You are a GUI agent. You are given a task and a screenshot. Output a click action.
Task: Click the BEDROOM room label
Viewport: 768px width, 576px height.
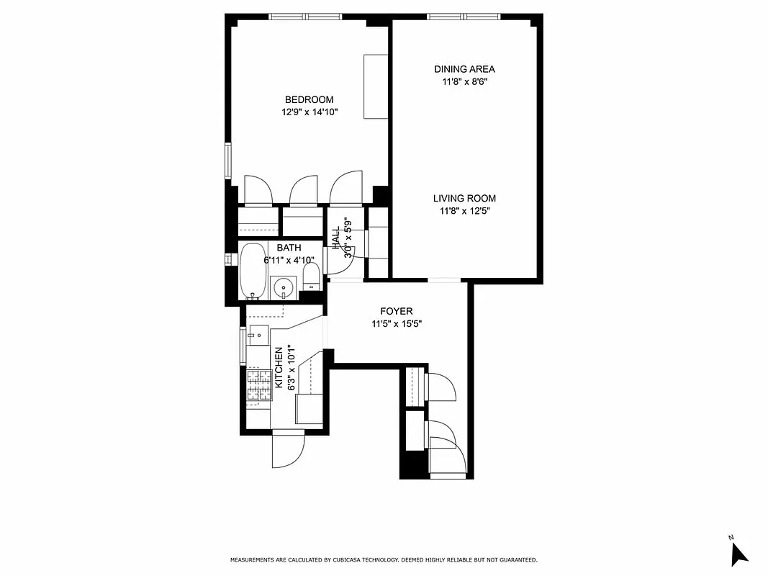(x=309, y=99)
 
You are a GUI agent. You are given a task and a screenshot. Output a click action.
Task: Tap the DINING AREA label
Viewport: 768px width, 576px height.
(x=464, y=69)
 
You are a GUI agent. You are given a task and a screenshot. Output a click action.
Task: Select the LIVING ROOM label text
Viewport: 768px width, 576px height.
(x=464, y=198)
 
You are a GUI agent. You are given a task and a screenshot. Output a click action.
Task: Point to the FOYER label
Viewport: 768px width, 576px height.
(x=396, y=311)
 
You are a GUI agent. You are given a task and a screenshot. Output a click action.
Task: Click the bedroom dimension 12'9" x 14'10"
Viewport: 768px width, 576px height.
(x=310, y=112)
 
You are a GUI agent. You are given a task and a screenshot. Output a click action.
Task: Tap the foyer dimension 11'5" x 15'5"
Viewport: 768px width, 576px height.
(x=396, y=324)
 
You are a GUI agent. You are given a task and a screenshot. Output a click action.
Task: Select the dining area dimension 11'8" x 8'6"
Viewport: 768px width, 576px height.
(x=464, y=82)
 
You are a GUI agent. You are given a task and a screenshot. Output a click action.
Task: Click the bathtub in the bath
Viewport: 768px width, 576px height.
(x=252, y=271)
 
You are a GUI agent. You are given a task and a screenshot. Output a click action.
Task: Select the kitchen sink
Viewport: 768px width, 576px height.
(x=258, y=335)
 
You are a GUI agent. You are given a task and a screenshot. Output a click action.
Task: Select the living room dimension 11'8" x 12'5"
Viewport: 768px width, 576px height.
(x=464, y=211)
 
